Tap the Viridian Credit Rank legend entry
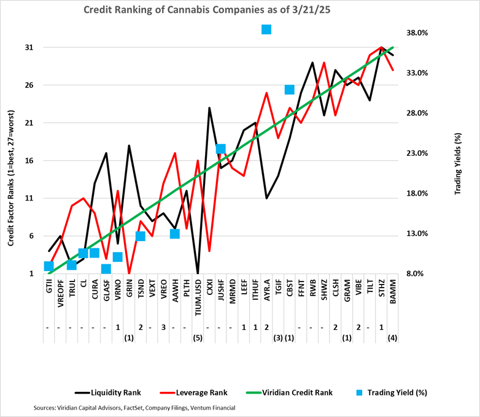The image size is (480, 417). coord(310,391)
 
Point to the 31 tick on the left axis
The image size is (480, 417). coord(29,47)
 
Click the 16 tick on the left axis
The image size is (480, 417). coord(29,161)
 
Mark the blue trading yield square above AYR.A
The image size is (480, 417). coord(266,29)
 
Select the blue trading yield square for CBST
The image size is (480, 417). coord(290,90)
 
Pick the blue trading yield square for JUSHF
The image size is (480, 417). coord(221,149)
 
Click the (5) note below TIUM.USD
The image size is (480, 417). coord(198,337)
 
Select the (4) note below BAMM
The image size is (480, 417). coord(393,337)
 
